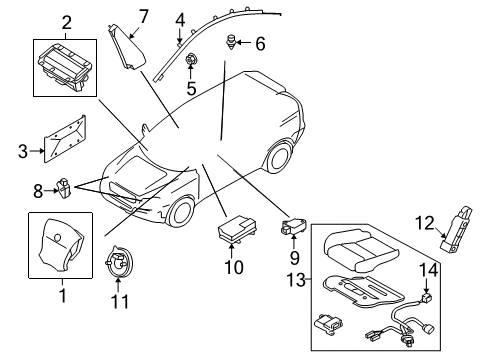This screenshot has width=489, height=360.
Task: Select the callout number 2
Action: [66, 22]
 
